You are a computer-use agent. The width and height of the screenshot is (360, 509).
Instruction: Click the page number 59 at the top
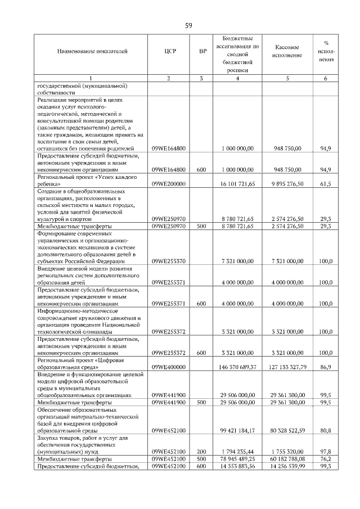click(188, 25)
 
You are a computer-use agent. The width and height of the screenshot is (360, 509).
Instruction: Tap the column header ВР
click(202, 52)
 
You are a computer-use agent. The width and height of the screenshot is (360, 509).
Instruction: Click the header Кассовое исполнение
click(287, 52)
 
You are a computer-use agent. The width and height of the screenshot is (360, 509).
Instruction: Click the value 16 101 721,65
click(238, 184)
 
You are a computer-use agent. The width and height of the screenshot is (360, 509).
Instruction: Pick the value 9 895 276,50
click(287, 184)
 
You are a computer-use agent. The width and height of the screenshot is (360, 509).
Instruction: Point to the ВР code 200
click(202, 452)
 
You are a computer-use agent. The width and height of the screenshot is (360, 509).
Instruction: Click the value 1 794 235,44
click(239, 452)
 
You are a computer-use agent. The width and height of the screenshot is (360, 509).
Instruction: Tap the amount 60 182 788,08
click(286, 459)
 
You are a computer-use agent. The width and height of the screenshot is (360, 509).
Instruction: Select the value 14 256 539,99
click(286, 466)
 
